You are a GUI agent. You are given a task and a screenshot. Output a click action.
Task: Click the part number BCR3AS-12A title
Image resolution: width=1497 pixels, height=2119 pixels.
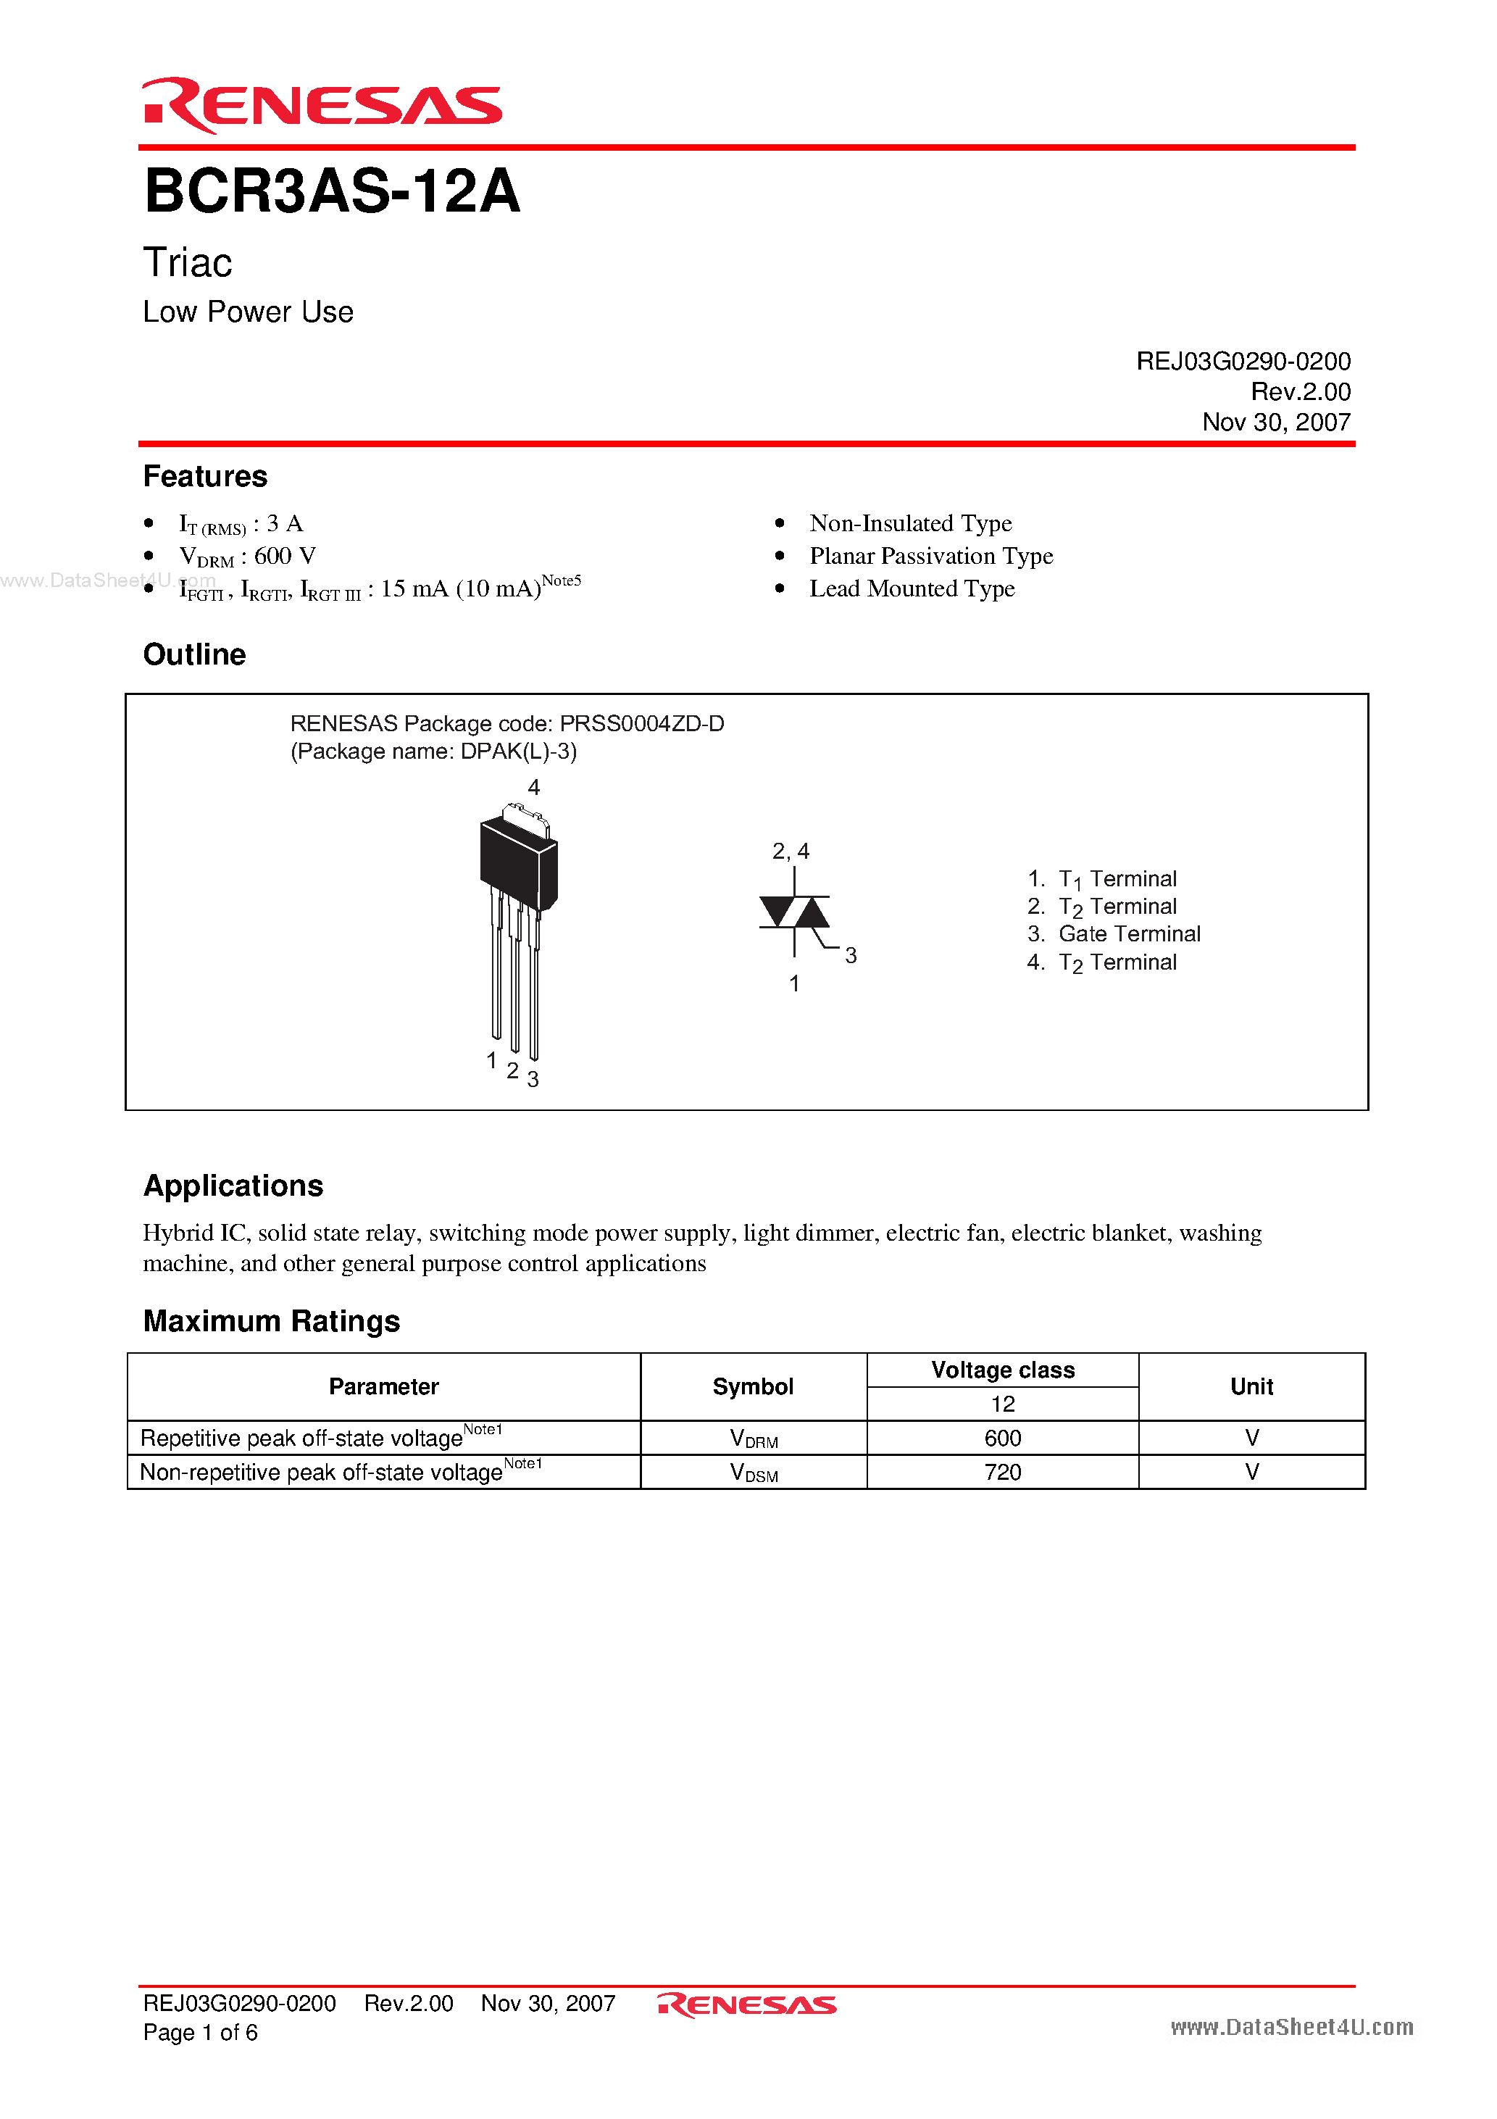(x=333, y=192)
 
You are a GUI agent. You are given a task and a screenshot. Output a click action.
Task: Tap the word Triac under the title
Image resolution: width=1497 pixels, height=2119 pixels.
(x=188, y=263)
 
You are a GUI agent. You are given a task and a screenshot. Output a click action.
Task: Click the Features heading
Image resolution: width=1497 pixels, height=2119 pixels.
(x=205, y=476)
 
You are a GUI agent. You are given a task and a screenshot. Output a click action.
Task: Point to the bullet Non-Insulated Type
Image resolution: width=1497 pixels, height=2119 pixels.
(x=910, y=523)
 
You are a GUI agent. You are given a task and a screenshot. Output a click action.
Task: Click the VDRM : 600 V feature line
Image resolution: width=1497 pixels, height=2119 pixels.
(x=247, y=557)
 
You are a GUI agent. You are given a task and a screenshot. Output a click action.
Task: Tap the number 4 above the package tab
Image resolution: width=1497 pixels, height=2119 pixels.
(x=533, y=787)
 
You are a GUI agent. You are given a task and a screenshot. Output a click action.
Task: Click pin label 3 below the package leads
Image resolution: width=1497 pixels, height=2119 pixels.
(x=533, y=1079)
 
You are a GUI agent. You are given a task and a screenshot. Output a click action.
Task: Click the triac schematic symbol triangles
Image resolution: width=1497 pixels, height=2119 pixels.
(x=793, y=912)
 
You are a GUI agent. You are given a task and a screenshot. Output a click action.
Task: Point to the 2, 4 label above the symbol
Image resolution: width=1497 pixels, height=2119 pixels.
(x=791, y=851)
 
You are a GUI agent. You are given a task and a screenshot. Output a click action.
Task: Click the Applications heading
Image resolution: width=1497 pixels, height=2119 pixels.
(x=233, y=1186)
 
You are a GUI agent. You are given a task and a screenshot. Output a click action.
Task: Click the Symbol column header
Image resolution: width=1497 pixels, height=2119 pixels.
(x=752, y=1386)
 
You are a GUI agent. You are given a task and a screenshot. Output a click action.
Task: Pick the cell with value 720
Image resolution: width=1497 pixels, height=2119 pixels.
(x=1002, y=1472)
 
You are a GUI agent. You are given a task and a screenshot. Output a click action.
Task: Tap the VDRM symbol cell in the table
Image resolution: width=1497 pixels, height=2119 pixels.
(x=753, y=1439)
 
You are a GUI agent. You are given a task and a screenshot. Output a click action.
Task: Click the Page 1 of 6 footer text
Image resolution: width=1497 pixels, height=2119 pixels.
(x=200, y=2032)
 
